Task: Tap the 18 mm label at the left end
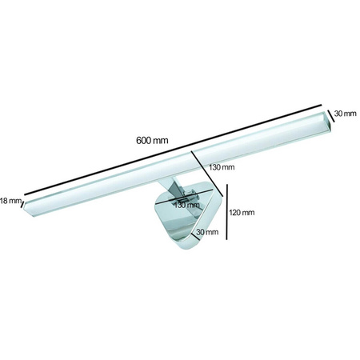8,202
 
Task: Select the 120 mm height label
242,213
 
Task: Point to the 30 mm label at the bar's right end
344,114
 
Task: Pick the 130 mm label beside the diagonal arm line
222,168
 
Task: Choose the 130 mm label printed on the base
186,205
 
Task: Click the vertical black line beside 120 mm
229,212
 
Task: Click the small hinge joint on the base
190,195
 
